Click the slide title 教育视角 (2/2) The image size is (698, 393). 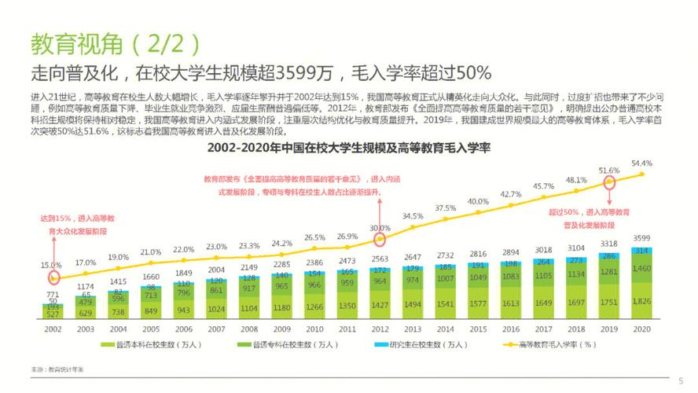[x=115, y=43]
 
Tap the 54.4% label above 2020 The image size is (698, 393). [x=642, y=163]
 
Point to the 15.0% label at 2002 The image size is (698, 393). [x=51, y=264]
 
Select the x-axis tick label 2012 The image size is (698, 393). [x=380, y=330]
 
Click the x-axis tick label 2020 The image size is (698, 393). [x=642, y=330]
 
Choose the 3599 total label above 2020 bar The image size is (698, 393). [x=642, y=238]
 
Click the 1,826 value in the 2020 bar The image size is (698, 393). [x=642, y=302]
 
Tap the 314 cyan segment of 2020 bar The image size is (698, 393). [x=642, y=250]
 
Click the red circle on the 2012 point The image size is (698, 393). [x=380, y=240]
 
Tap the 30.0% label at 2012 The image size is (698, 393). [x=380, y=228]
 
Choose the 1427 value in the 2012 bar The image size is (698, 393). [x=380, y=305]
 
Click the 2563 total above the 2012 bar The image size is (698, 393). [x=380, y=258]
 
